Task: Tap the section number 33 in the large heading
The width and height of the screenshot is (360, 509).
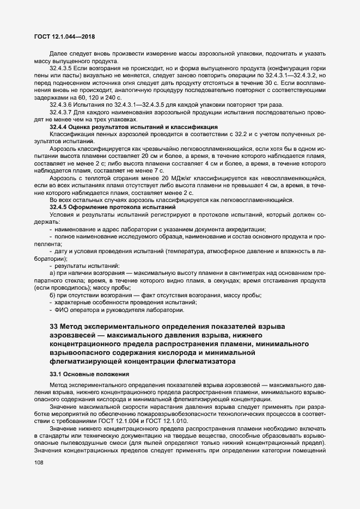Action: click(x=53, y=326)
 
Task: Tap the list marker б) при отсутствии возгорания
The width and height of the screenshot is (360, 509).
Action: click(x=52, y=295)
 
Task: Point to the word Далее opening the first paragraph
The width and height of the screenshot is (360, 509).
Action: click(x=59, y=53)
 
